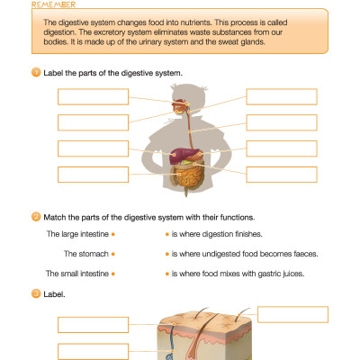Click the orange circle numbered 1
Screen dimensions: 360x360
click(x=36, y=71)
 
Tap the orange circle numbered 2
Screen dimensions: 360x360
click(x=36, y=217)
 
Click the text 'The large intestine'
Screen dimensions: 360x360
click(x=77, y=234)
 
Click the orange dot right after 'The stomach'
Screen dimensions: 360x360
click(x=116, y=255)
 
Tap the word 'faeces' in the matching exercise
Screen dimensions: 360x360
click(x=304, y=254)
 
